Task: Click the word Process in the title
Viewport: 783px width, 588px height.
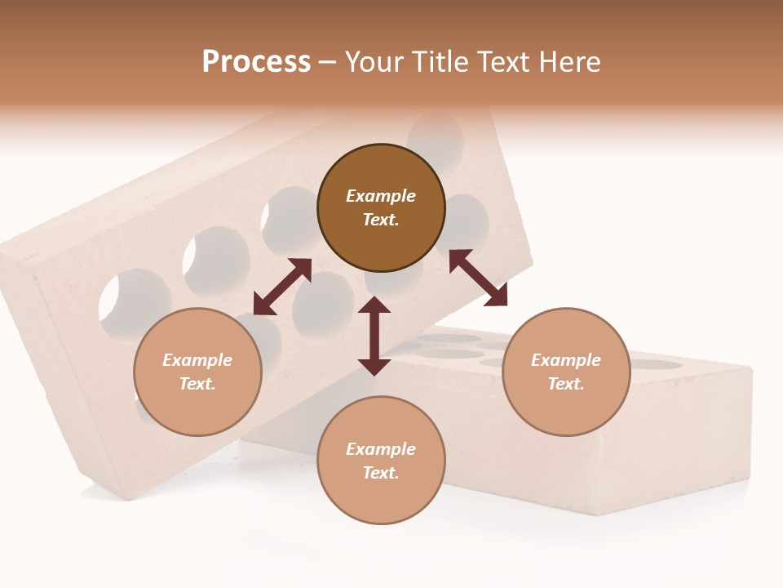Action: (x=256, y=62)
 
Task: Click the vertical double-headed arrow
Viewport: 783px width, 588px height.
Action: (x=374, y=336)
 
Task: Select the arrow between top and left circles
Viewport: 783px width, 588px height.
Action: (x=282, y=287)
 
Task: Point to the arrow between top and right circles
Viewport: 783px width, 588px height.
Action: (x=478, y=278)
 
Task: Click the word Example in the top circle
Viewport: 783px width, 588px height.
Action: (x=381, y=196)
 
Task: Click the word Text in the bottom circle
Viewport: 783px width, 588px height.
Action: (x=381, y=473)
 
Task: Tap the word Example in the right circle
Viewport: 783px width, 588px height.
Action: (x=566, y=360)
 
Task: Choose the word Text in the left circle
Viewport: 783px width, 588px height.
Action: (x=197, y=384)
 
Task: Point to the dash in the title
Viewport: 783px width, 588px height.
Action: (x=327, y=63)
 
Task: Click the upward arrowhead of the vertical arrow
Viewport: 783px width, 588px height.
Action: (x=374, y=307)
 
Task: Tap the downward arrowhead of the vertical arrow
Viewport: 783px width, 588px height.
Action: (x=374, y=365)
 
